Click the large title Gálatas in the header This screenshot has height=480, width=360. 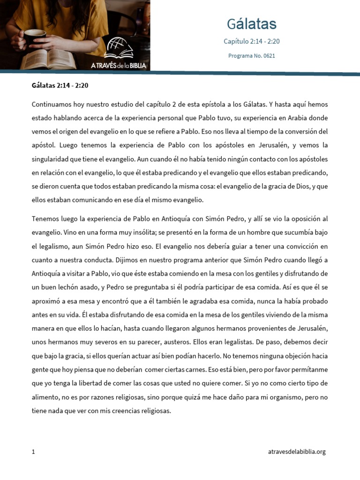coord(252,24)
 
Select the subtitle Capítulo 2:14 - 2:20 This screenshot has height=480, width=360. coord(252,41)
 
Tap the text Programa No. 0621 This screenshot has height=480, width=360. coord(252,55)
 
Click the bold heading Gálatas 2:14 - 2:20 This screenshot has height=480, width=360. coord(60,85)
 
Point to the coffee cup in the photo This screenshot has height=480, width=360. coord(35,37)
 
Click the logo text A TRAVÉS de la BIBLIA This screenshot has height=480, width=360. coord(119,66)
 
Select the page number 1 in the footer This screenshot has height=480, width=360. coord(33,452)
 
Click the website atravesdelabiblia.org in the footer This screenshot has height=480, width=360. coord(297,452)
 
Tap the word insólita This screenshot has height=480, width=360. coord(127,232)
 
